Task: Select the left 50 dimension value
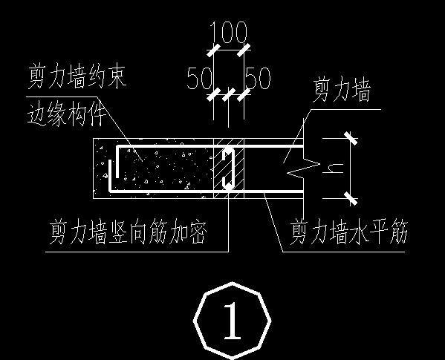tap(200, 79)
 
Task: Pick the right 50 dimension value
tap(257, 79)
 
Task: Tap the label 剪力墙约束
tap(77, 77)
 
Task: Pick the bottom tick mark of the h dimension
tap(348, 197)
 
